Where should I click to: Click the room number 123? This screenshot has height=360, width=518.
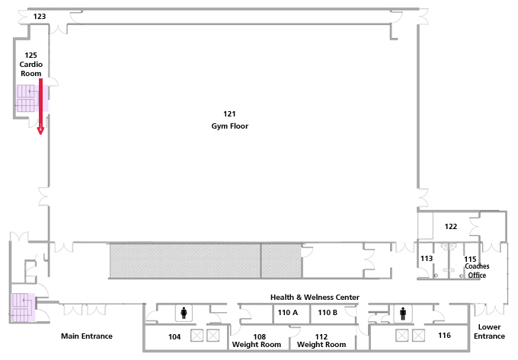pos(40,16)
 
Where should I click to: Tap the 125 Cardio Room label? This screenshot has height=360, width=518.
pos(31,64)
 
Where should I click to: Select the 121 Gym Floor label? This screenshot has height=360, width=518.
pos(229,119)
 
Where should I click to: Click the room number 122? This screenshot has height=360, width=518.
pos(451,226)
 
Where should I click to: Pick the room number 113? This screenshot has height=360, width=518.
pos(427,258)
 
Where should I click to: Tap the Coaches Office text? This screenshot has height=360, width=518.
pos(477,271)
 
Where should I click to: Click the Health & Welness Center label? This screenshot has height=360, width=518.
pos(315,298)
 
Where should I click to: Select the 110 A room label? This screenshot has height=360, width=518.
pos(288,313)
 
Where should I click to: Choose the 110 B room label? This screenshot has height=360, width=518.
pos(328,313)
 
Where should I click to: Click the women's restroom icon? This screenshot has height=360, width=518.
pos(184,313)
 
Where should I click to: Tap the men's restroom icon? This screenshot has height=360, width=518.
pos(403,313)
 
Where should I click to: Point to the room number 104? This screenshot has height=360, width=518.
pos(174,337)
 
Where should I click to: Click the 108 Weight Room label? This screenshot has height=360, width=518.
pos(257,340)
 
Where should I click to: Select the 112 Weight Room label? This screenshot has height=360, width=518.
pos(321,340)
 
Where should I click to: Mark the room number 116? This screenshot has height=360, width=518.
pos(444,335)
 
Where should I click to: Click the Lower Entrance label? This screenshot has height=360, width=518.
pos(489,332)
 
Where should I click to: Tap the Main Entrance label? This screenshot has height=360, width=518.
pos(87,336)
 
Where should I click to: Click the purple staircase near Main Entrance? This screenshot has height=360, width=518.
pos(23,307)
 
